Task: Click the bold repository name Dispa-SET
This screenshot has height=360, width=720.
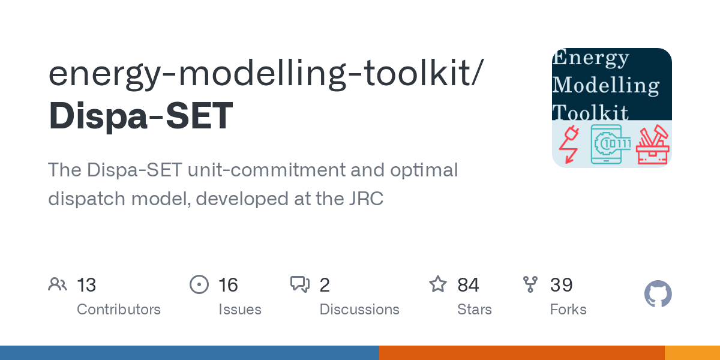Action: [x=141, y=116]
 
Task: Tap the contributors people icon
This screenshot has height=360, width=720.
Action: [x=58, y=284]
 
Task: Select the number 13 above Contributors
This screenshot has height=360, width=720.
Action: [x=86, y=285]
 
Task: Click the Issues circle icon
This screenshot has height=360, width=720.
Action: [x=199, y=284]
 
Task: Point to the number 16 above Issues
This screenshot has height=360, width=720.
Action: [x=228, y=285]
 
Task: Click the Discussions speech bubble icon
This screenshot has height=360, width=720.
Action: [x=300, y=284]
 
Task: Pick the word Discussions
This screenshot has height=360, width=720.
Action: [x=359, y=310]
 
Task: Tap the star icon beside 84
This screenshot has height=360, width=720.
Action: [x=438, y=284]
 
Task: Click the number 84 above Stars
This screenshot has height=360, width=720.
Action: [x=469, y=285]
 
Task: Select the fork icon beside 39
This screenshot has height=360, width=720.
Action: [x=530, y=284]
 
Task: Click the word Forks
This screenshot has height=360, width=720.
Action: [x=568, y=310]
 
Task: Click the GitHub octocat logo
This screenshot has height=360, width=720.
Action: [x=658, y=294]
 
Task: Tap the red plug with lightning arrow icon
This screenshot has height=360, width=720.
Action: [x=569, y=145]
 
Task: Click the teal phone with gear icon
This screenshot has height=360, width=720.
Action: [x=607, y=145]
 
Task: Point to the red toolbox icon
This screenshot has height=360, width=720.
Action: [x=653, y=145]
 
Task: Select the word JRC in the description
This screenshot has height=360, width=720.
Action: [x=366, y=199]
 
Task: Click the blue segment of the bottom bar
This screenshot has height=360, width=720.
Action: [x=190, y=353]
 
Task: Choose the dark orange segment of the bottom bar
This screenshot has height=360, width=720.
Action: [x=522, y=353]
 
